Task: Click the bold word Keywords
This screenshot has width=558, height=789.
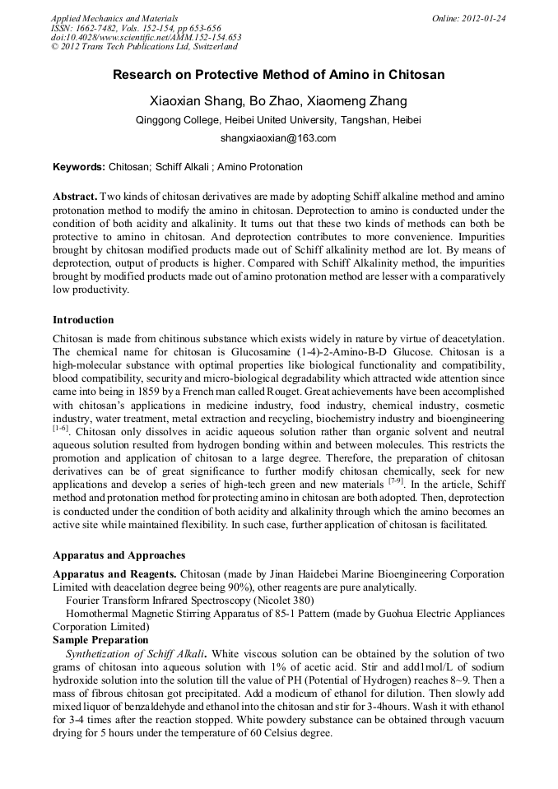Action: (x=77, y=167)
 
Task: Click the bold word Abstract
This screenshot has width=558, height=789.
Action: (x=75, y=197)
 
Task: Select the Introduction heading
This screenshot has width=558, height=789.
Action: (x=83, y=319)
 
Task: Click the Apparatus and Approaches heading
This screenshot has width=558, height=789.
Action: (x=119, y=555)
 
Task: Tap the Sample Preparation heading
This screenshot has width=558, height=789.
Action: (x=100, y=639)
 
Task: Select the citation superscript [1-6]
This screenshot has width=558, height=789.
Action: (x=60, y=428)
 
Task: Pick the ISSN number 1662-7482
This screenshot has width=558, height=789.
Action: (x=95, y=27)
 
